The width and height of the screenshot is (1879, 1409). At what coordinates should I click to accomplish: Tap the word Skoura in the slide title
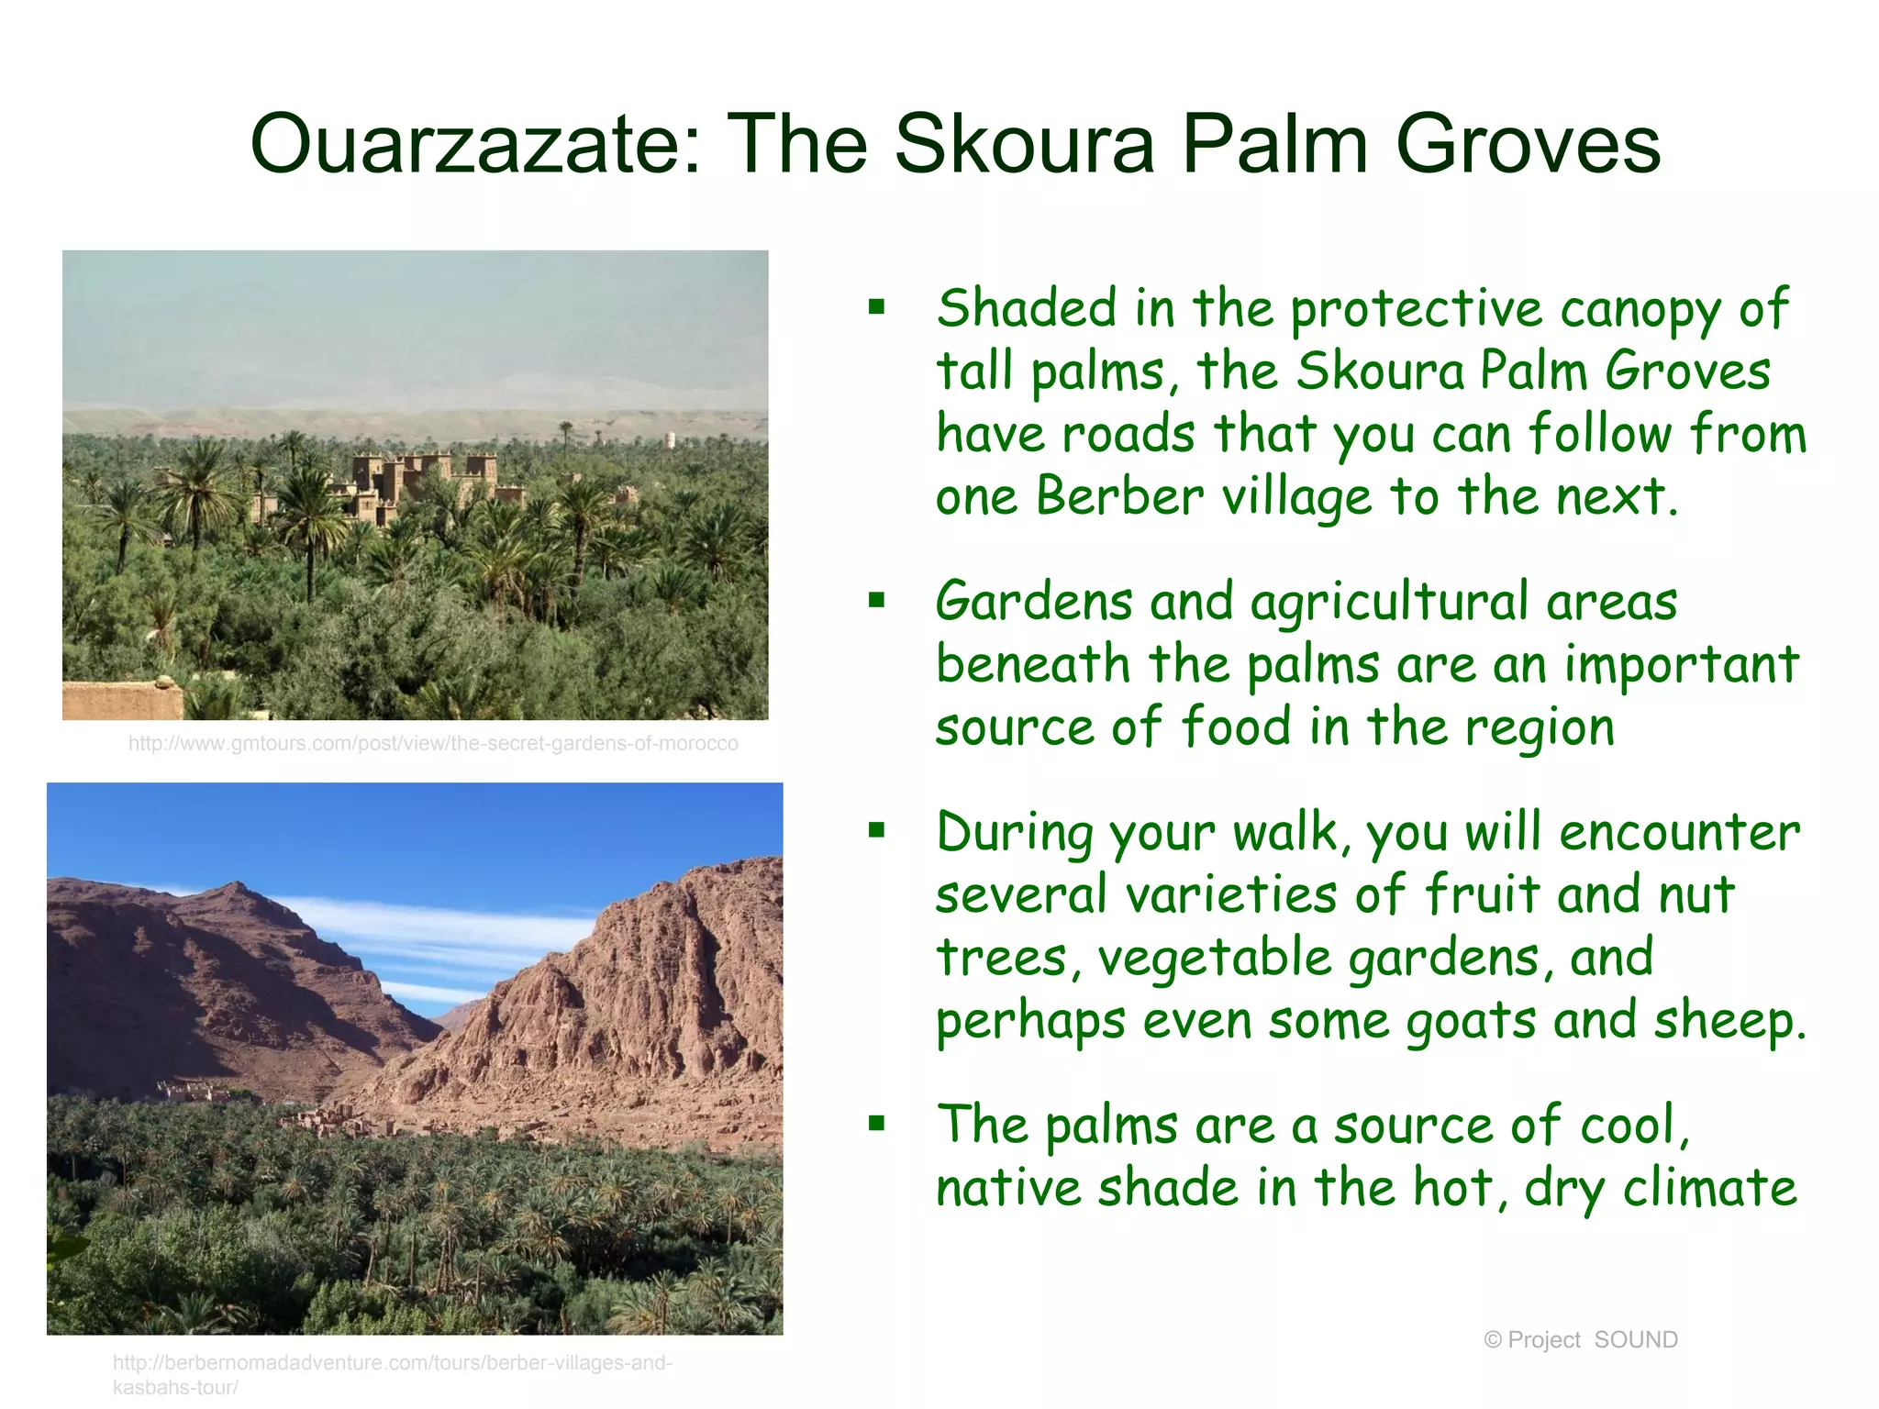(x=1023, y=144)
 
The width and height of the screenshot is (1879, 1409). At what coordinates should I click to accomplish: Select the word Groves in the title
(x=1528, y=144)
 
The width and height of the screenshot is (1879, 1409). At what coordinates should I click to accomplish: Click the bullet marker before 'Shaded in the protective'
(x=877, y=307)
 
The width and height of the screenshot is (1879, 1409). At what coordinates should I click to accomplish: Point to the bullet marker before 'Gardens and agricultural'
(x=877, y=601)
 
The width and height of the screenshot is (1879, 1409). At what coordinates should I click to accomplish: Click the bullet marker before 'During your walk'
(x=877, y=831)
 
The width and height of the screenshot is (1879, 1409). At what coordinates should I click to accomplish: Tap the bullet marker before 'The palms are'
(x=877, y=1124)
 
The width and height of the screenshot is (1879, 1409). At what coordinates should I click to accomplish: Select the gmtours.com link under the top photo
(x=433, y=743)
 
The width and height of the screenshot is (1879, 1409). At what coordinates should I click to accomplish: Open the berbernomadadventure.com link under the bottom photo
(x=393, y=1363)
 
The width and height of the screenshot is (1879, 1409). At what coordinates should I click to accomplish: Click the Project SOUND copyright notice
(x=1581, y=1339)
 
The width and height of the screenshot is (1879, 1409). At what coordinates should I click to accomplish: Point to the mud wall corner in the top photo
(x=124, y=700)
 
